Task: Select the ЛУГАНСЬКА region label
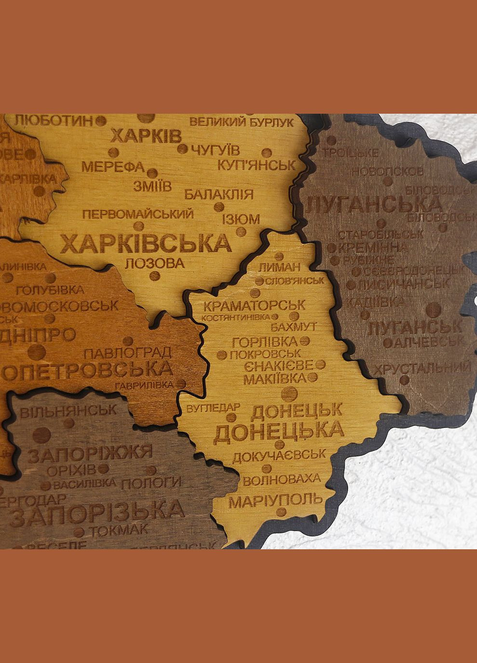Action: (x=374, y=204)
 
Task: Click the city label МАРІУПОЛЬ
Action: (x=275, y=501)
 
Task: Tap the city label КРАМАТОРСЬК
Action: (x=254, y=305)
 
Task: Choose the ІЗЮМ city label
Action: (x=241, y=219)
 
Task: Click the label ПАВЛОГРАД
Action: (x=128, y=352)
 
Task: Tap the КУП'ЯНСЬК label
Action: (x=256, y=165)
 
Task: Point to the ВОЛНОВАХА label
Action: (x=282, y=480)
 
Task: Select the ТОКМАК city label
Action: (x=119, y=530)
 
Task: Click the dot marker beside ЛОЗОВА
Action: (x=154, y=276)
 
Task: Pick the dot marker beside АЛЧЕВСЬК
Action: (x=388, y=343)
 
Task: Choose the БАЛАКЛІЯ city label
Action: (x=218, y=195)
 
